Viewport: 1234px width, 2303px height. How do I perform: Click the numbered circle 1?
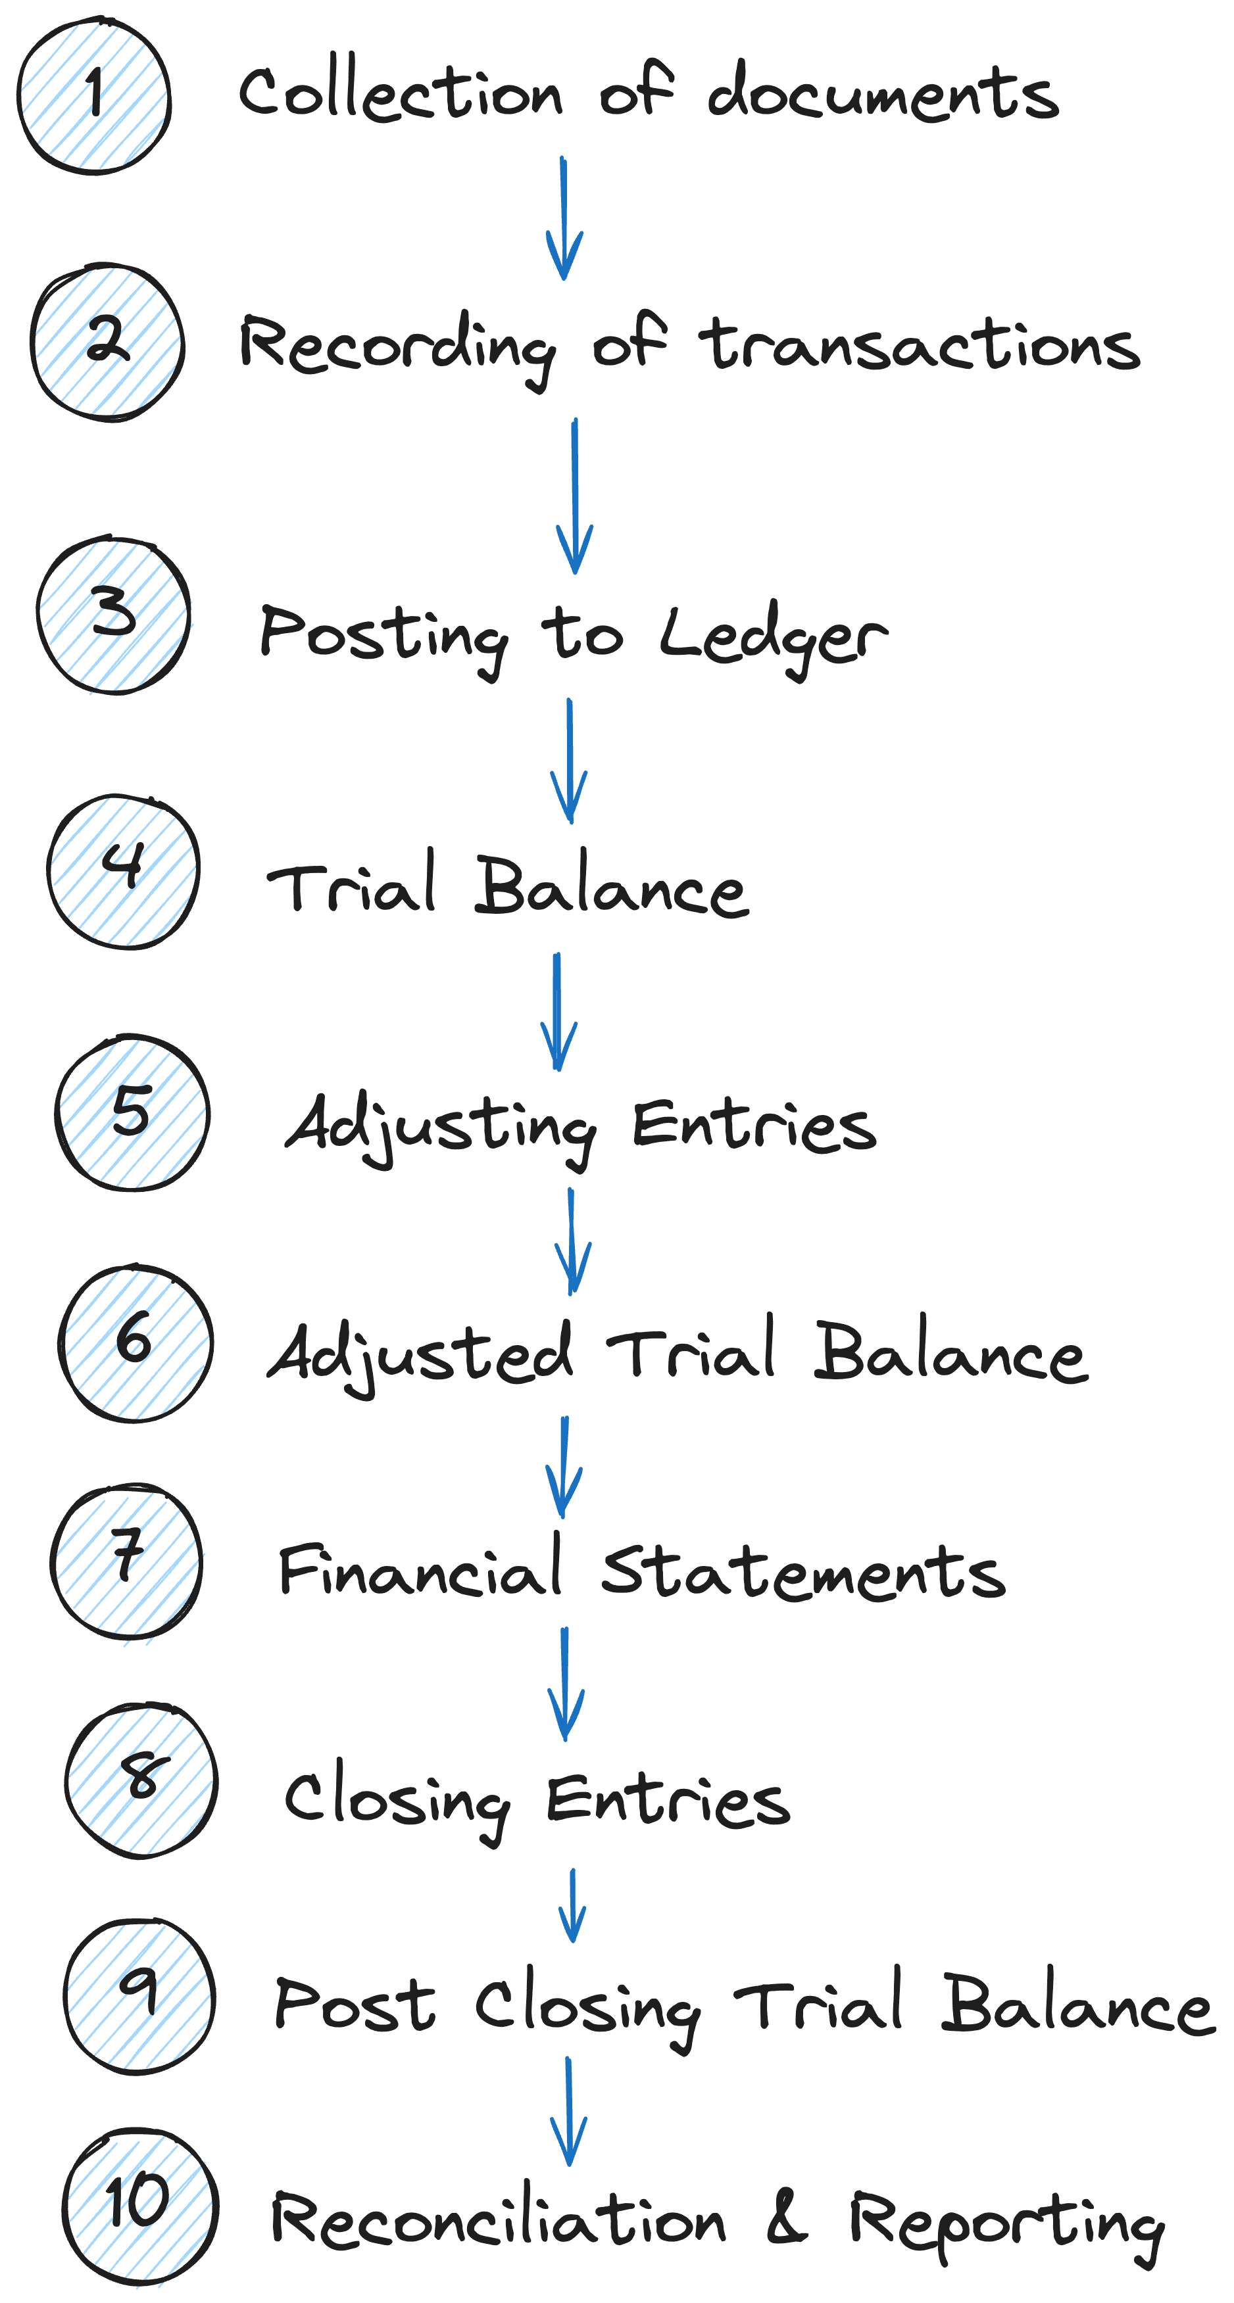(95, 99)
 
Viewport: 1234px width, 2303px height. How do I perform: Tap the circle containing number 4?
(124, 874)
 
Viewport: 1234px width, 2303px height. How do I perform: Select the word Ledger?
(774, 638)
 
